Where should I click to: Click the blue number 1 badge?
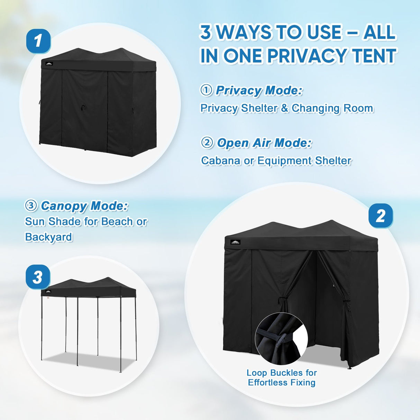[38, 41]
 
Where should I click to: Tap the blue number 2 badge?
[380, 216]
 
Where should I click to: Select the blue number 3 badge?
[38, 277]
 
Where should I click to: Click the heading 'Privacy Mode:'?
[259, 91]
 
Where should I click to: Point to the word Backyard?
[48, 237]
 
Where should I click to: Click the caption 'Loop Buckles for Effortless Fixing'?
[282, 377]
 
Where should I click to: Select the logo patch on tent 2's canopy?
[235, 242]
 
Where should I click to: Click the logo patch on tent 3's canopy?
[48, 291]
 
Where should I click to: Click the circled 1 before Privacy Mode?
[207, 90]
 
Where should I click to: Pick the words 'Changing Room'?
[332, 108]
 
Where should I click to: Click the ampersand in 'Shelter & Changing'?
[284, 108]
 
